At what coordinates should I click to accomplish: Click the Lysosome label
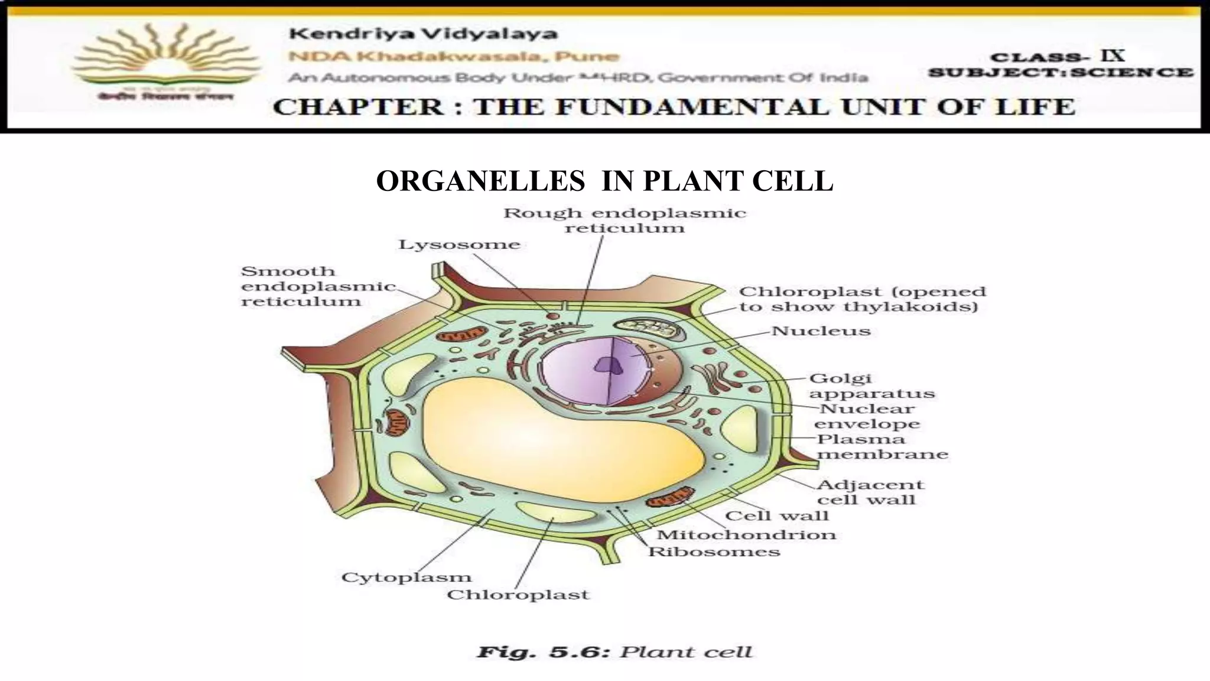click(459, 245)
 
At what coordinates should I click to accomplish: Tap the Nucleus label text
click(821, 331)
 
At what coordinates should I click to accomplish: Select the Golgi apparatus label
click(871, 386)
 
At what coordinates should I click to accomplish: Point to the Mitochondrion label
click(746, 535)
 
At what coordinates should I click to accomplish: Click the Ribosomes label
click(714, 552)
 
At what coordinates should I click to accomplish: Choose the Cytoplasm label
click(406, 578)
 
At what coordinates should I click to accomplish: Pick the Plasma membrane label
click(882, 447)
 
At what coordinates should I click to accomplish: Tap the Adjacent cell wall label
click(870, 492)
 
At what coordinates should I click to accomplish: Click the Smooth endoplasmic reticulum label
click(318, 286)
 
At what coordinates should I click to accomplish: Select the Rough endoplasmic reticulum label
click(624, 220)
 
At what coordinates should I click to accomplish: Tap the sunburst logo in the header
click(167, 59)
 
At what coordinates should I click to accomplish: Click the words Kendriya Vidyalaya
click(423, 34)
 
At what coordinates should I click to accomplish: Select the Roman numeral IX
click(1111, 56)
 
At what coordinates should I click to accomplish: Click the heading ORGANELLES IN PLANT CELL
click(604, 181)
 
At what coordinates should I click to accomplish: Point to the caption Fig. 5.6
click(543, 653)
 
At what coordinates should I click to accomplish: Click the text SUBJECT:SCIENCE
click(1061, 73)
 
